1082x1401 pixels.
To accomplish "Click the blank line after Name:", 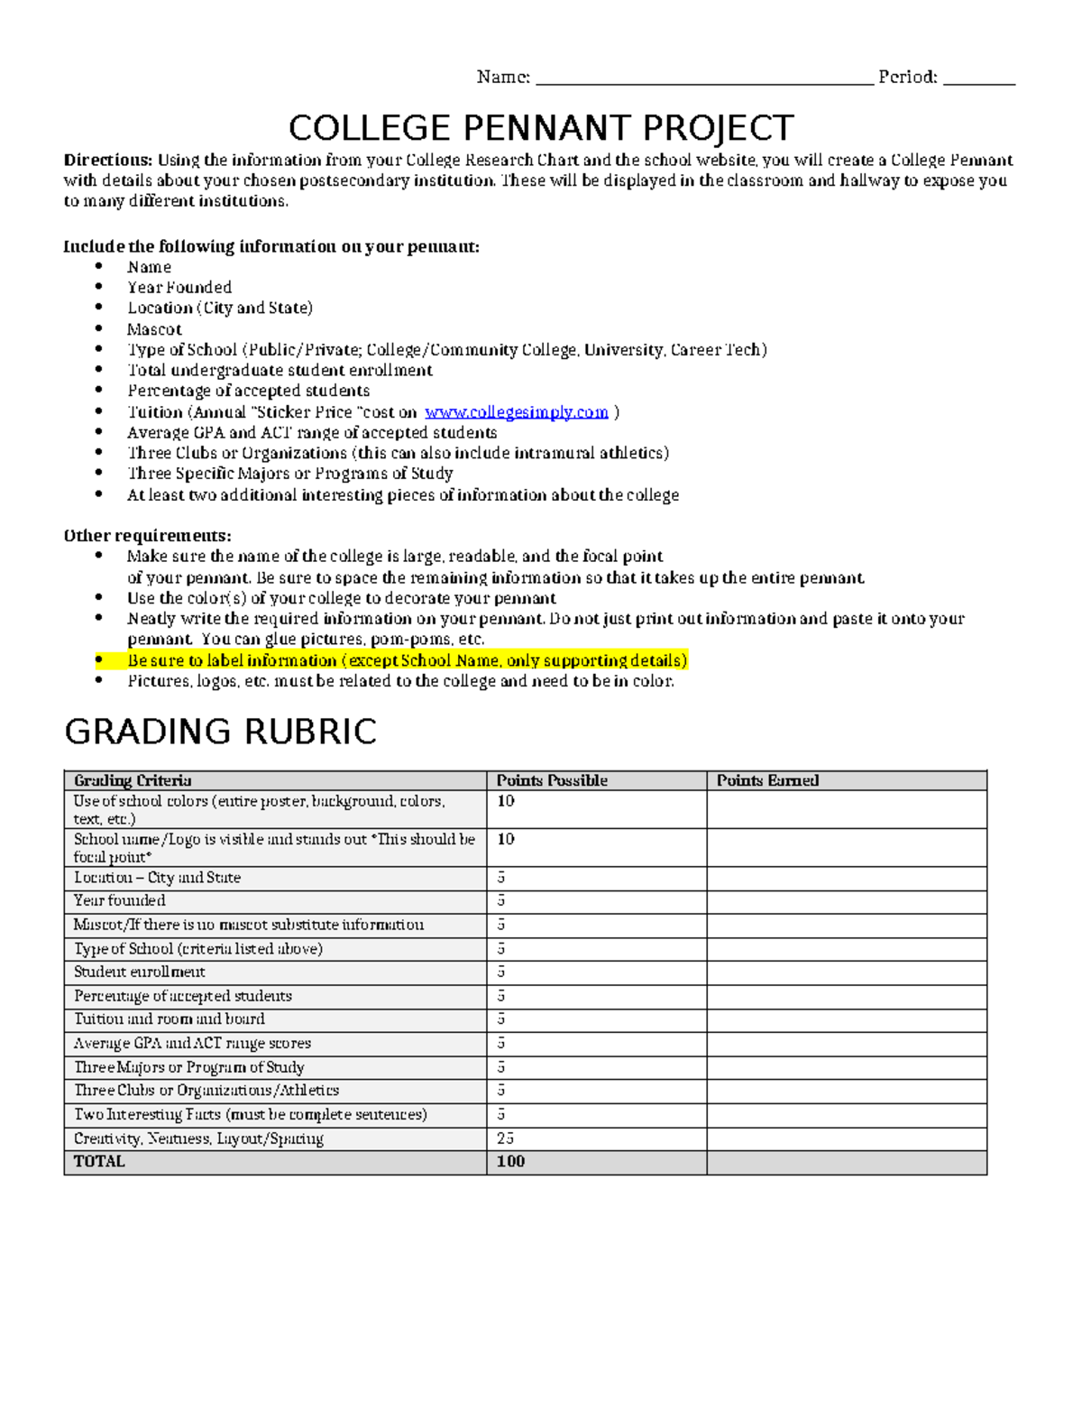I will click(x=704, y=79).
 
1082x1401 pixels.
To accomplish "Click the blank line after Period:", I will click(x=979, y=79).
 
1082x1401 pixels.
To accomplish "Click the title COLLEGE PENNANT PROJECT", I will click(x=541, y=128).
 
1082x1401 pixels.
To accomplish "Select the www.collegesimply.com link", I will click(x=517, y=412).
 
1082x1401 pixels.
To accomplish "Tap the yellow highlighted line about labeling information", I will click(x=407, y=660).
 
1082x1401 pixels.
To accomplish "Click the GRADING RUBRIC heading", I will click(x=221, y=732).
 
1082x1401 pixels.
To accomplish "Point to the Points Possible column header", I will click(x=552, y=781).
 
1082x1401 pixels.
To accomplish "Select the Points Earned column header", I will click(x=767, y=781).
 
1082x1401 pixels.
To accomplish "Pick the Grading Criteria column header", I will click(x=133, y=781).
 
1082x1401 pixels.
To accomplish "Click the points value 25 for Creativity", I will click(x=505, y=1138).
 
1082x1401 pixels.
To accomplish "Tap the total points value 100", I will click(x=510, y=1162).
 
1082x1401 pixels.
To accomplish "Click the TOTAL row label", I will click(x=99, y=1162).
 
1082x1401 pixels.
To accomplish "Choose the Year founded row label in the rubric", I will click(x=120, y=900).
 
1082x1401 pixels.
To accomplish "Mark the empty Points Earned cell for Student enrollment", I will click(x=846, y=972).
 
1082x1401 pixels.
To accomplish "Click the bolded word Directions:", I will click(x=108, y=161).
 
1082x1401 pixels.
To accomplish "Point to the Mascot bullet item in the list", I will click(x=154, y=329).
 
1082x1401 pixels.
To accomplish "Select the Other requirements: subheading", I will click(x=147, y=536).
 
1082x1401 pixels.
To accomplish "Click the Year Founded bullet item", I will click(x=179, y=288).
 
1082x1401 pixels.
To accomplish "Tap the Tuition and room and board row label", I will click(x=170, y=1019).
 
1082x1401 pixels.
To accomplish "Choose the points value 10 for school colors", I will click(x=506, y=801).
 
